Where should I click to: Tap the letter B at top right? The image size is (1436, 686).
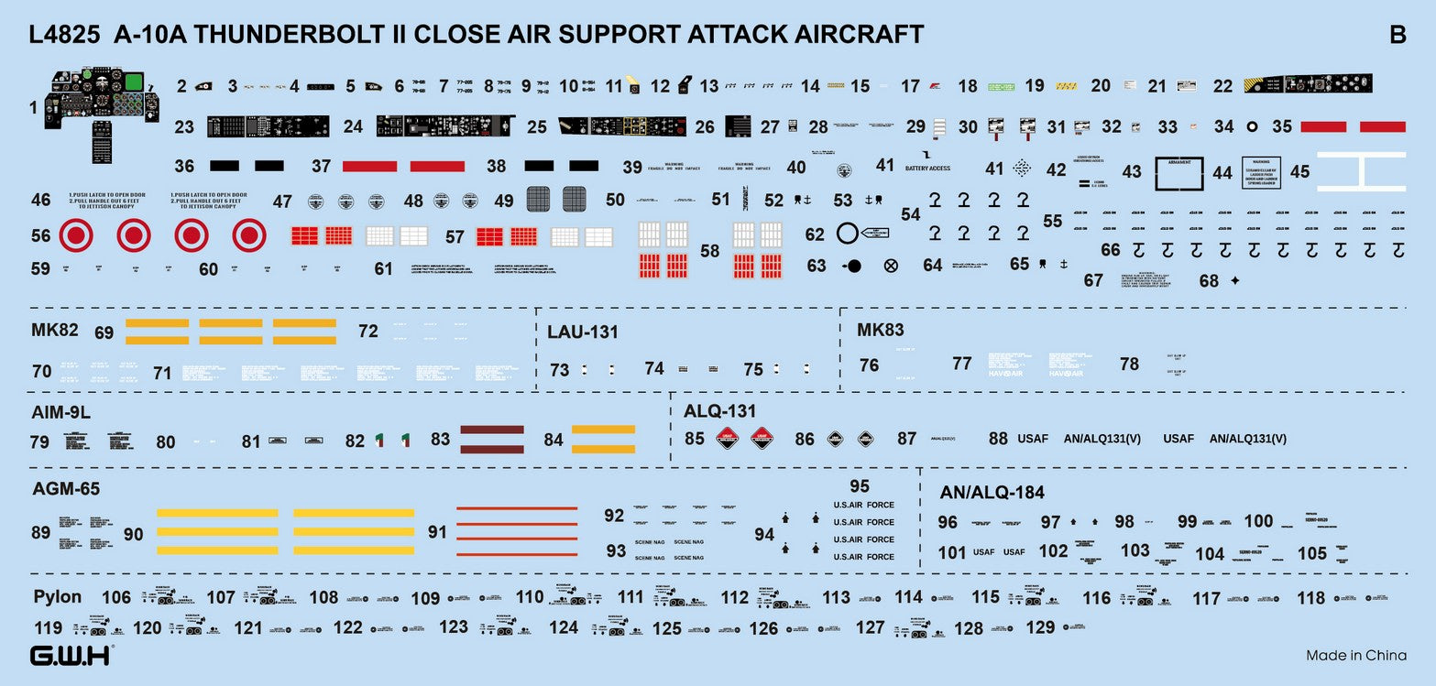click(x=1398, y=35)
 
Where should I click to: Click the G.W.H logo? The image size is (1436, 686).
click(x=71, y=656)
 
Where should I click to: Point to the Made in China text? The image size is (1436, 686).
click(x=1355, y=655)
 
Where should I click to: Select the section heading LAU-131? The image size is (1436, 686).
click(x=582, y=332)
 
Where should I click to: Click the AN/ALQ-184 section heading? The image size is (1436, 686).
click(x=992, y=493)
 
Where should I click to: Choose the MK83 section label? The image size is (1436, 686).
click(x=881, y=330)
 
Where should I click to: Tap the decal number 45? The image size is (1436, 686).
click(x=1299, y=171)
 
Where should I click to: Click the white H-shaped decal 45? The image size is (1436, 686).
click(x=1361, y=171)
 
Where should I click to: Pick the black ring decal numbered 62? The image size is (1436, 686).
click(x=848, y=234)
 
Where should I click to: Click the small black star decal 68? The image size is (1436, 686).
click(x=1234, y=280)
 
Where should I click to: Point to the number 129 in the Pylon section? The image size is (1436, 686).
click(x=1040, y=627)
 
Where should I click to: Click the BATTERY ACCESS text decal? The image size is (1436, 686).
click(x=927, y=169)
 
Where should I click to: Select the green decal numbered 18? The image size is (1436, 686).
click(x=1001, y=86)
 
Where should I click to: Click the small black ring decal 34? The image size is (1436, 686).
click(x=1253, y=127)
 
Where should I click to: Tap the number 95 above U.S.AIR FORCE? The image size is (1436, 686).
click(x=859, y=486)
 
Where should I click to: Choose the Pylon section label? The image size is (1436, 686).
click(x=58, y=596)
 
